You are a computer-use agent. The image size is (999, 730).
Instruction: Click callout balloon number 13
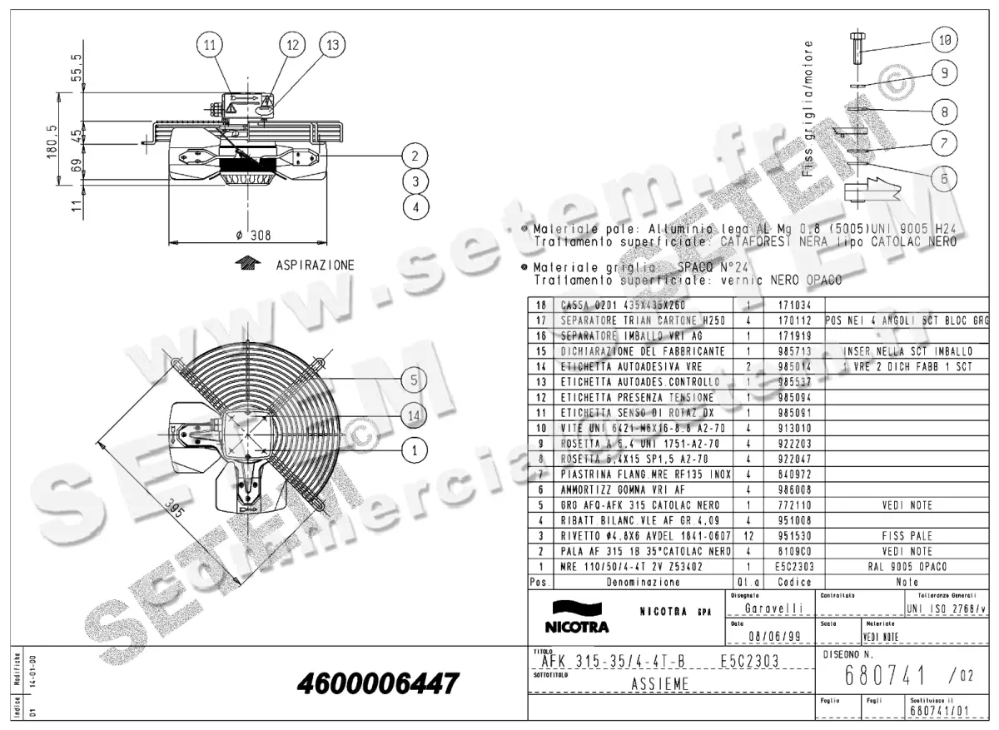[333, 46]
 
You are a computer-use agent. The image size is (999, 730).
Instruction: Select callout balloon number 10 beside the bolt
[944, 39]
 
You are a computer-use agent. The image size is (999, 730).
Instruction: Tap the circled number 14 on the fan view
[414, 415]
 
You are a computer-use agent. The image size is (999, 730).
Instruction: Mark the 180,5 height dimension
[52, 142]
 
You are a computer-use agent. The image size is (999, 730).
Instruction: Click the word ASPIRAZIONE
[315, 266]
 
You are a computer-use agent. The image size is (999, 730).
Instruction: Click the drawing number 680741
[874, 674]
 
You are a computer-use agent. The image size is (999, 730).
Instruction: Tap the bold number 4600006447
[377, 684]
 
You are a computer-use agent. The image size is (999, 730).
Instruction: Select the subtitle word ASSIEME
[654, 684]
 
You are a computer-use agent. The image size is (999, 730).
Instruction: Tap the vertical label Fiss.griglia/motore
[809, 108]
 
